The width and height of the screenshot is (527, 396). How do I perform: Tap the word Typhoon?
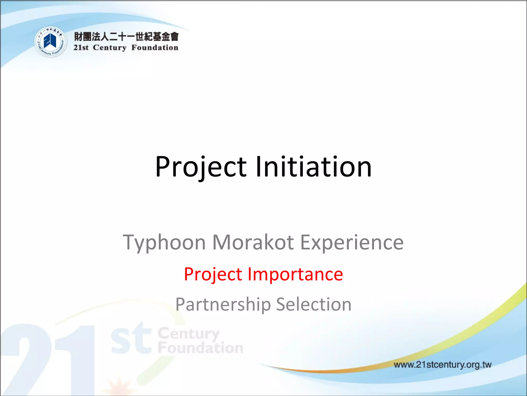point(164,243)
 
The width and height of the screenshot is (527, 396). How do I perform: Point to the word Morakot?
point(253,243)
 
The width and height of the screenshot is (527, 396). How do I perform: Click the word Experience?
point(352,243)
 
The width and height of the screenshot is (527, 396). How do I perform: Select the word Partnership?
point(223,304)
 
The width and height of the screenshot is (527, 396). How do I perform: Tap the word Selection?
point(314,304)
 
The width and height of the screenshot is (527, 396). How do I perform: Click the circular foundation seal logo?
point(50,42)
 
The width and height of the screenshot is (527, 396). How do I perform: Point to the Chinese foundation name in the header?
point(126,37)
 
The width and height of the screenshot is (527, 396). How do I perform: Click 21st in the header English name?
point(81,48)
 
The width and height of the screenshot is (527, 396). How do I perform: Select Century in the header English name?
point(110,48)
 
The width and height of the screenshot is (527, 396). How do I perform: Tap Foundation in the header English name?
point(155,48)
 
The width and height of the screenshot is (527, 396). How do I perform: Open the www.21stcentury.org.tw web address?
point(442,365)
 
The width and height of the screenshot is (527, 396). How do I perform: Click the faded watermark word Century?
point(189,334)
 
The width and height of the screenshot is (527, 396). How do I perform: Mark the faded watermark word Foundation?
point(200,348)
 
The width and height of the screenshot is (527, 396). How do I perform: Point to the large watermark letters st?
point(131,339)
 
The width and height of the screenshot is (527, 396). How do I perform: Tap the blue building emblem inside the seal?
point(50,41)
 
